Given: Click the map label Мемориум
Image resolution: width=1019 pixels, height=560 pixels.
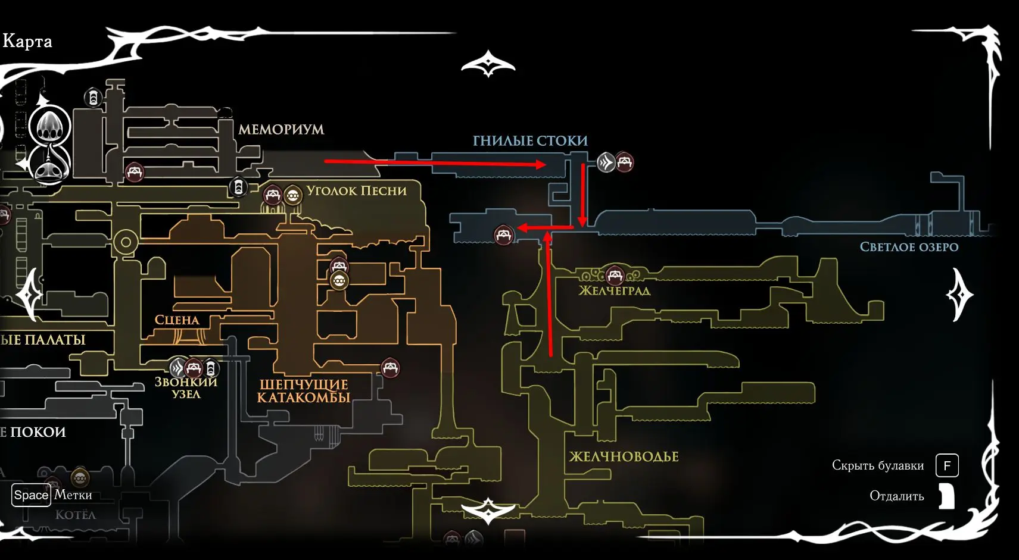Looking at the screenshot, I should (281, 129).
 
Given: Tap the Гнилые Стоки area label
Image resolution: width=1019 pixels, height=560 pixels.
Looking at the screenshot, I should (530, 141).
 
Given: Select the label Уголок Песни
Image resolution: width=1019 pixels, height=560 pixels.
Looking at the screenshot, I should (356, 191).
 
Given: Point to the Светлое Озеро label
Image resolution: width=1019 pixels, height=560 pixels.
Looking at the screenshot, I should (909, 247).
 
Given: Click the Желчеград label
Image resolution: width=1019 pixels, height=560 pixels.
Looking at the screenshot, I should (614, 291).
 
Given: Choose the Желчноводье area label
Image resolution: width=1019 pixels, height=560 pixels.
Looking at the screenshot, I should (624, 456).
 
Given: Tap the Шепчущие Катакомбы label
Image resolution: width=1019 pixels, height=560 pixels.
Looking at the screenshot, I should (304, 391).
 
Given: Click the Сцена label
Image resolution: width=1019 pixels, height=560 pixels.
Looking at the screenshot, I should (177, 320).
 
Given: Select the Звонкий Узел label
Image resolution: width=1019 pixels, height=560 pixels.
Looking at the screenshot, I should (186, 388).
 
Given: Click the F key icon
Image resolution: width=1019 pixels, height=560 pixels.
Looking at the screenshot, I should (946, 465).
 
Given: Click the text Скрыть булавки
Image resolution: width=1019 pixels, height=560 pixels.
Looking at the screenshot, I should (877, 465).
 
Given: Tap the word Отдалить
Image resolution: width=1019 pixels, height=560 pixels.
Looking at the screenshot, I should (896, 496).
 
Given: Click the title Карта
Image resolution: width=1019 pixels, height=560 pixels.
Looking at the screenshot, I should (27, 41).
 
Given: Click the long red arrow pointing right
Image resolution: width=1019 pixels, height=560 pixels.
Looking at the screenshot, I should (435, 162).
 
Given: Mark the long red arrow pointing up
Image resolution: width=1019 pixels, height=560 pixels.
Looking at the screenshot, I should (549, 295).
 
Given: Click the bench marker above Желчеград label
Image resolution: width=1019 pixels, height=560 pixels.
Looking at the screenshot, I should (615, 275).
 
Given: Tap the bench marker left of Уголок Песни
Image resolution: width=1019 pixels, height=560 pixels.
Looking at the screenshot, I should (273, 195).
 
